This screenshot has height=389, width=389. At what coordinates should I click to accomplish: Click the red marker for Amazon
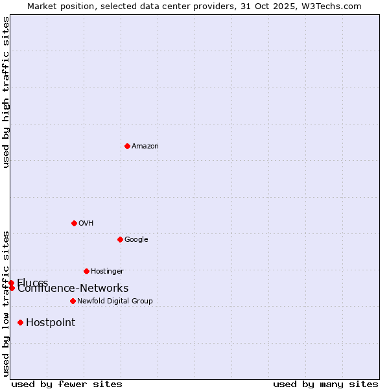pyautogui.click(x=127, y=146)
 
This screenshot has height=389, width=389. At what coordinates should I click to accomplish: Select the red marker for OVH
pyautogui.click(x=74, y=223)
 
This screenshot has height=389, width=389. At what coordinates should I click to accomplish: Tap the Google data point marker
pyautogui.click(x=120, y=239)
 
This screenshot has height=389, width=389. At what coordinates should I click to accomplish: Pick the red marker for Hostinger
pyautogui.click(x=86, y=271)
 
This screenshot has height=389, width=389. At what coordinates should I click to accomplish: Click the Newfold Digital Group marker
pyautogui.click(x=73, y=301)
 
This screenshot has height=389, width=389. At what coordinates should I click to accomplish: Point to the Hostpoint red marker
pyautogui.click(x=21, y=322)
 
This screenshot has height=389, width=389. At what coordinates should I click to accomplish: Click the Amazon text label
pyautogui.click(x=145, y=147)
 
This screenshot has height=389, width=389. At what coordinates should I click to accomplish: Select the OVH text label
pyautogui.click(x=86, y=224)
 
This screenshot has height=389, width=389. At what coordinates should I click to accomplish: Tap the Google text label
pyautogui.click(x=136, y=240)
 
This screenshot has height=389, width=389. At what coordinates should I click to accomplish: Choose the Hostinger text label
pyautogui.click(x=107, y=272)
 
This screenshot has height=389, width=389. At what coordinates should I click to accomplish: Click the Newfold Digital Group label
pyautogui.click(x=115, y=301)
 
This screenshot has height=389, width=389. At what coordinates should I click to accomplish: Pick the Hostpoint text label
pyautogui.click(x=51, y=323)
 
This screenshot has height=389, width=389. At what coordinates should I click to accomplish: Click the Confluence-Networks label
pyautogui.click(x=73, y=289)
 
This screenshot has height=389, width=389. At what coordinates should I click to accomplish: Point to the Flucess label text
pyautogui.click(x=32, y=282)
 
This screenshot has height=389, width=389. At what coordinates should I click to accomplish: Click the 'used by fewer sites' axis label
pyautogui.click(x=67, y=384)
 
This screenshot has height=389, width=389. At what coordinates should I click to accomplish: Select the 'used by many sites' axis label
pyautogui.click(x=325, y=384)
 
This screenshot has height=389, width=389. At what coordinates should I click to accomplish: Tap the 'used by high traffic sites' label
pyautogui.click(x=6, y=92)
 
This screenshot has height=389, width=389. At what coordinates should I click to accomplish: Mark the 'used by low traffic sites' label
pyautogui.click(x=6, y=303)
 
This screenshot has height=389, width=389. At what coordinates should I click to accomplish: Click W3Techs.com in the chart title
pyautogui.click(x=333, y=6)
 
